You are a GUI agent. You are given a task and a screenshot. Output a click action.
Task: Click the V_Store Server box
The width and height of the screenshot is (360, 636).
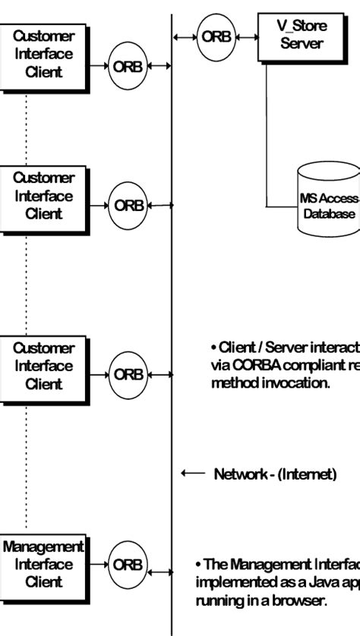[x=302, y=35]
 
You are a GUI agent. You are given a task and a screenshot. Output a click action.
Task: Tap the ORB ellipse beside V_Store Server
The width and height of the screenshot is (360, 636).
[x=216, y=36]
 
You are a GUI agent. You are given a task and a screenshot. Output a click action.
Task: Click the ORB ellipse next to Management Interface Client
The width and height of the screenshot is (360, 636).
[x=128, y=565]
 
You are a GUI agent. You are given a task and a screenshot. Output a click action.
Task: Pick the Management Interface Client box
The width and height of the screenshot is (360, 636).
[x=43, y=564]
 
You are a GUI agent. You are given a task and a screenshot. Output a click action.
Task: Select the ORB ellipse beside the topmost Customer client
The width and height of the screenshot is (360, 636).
[x=128, y=66]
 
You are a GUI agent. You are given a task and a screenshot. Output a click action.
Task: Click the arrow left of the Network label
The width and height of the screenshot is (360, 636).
[x=193, y=474]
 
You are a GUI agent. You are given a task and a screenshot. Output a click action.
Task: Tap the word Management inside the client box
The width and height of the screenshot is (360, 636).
[x=43, y=546]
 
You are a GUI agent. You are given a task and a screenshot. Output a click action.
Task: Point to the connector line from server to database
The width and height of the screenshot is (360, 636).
[x=267, y=137]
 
